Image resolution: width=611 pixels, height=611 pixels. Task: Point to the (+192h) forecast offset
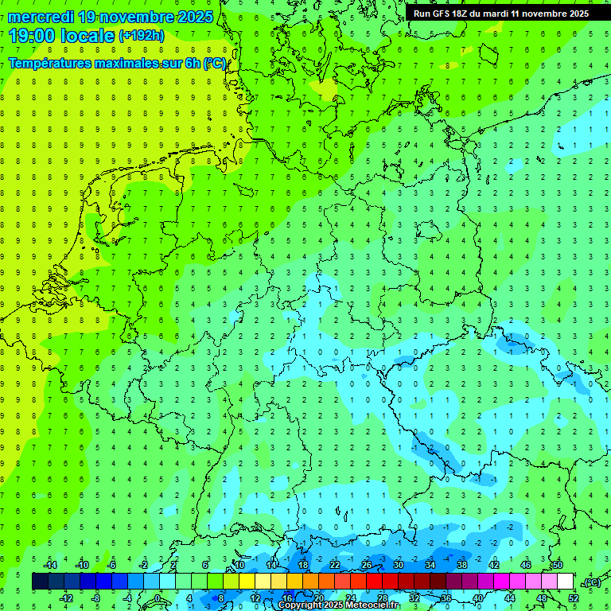click(x=141, y=36)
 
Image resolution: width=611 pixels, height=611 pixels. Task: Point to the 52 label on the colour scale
click(x=574, y=598)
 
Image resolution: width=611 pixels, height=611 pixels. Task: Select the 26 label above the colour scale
click(x=367, y=564)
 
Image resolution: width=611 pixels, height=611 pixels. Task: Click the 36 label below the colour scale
click(x=446, y=598)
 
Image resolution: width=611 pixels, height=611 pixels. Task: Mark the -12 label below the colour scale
click(x=66, y=598)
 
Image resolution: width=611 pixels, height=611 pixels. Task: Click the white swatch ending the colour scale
click(x=565, y=582)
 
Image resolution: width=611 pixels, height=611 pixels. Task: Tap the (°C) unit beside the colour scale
click(x=591, y=582)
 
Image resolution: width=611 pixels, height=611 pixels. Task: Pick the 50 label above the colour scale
click(x=557, y=564)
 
